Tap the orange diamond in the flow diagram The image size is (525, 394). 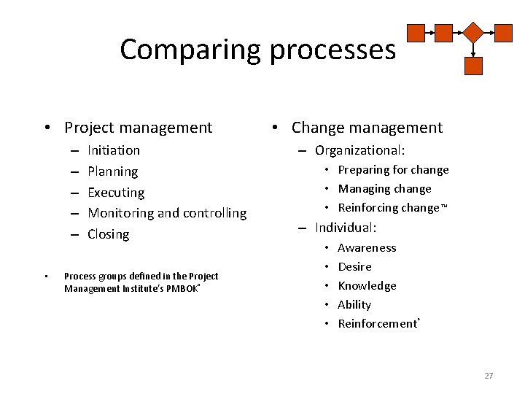[x=474, y=33]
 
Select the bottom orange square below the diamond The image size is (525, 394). [x=474, y=66]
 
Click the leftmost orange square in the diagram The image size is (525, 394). [x=416, y=33]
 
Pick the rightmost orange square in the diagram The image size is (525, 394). [x=503, y=33]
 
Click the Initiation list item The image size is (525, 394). [x=114, y=150]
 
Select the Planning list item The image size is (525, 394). [x=112, y=171]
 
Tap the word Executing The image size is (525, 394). [x=116, y=193]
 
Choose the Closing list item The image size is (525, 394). [x=108, y=234]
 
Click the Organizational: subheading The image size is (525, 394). [x=359, y=150]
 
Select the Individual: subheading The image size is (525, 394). [x=346, y=228]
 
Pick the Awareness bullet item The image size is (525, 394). [x=367, y=248]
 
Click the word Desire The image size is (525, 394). [x=354, y=267]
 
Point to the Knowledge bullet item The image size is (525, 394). [x=367, y=286]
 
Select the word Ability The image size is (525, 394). [x=354, y=305]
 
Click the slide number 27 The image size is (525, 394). [x=489, y=376]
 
